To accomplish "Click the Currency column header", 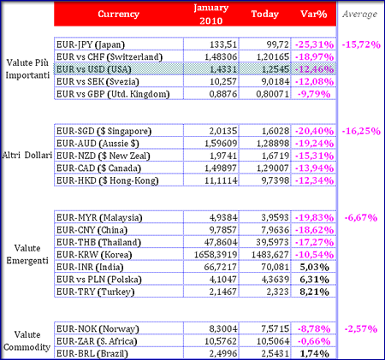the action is [118, 14].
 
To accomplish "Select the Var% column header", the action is [314, 14].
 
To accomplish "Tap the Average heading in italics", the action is [360, 14].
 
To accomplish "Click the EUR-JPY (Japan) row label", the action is [91, 44].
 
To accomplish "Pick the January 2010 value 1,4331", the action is [223, 69].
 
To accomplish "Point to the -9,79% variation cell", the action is [314, 94].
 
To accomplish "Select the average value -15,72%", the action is [361, 44].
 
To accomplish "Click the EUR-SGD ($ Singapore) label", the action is [104, 131].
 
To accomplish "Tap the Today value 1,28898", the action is [273, 144].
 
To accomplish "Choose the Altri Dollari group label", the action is [27, 155].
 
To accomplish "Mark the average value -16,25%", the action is [361, 131].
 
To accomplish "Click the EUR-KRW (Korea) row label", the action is [94, 255].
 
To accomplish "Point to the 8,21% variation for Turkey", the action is [314, 292].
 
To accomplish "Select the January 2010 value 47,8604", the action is [221, 242].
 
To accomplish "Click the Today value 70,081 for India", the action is [275, 267].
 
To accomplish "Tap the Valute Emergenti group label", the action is [27, 254].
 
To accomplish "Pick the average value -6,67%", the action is [361, 218].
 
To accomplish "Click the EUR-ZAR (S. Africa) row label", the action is [97, 341].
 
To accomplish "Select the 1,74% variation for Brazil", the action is [314, 354].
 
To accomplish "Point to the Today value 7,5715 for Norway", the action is [275, 329].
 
